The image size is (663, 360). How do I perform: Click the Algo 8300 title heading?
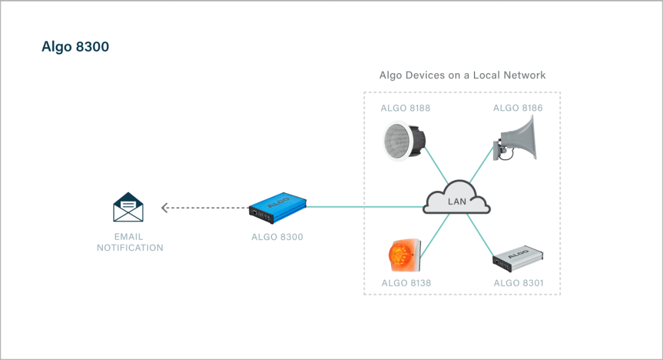[x=75, y=47]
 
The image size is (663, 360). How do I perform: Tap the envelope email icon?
[x=128, y=207]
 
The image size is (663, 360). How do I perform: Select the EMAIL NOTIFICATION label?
[x=130, y=242]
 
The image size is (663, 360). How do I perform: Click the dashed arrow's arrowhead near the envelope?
[x=165, y=208]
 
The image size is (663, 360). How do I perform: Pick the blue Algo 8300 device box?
[x=277, y=207]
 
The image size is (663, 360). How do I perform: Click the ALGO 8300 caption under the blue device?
[x=277, y=237]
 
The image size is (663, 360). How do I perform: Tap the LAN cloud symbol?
[x=457, y=198]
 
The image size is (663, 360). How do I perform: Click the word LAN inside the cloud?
[x=457, y=202]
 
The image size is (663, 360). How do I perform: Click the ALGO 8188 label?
[x=405, y=108]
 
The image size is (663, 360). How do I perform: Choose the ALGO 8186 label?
[x=518, y=108]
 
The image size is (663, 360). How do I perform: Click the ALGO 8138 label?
[x=406, y=283]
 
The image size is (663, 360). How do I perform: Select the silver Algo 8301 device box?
[x=519, y=260]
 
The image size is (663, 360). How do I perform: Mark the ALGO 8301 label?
[x=518, y=283]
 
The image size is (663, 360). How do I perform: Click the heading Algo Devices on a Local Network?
[x=462, y=76]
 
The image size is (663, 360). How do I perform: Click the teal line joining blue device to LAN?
[x=365, y=207]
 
